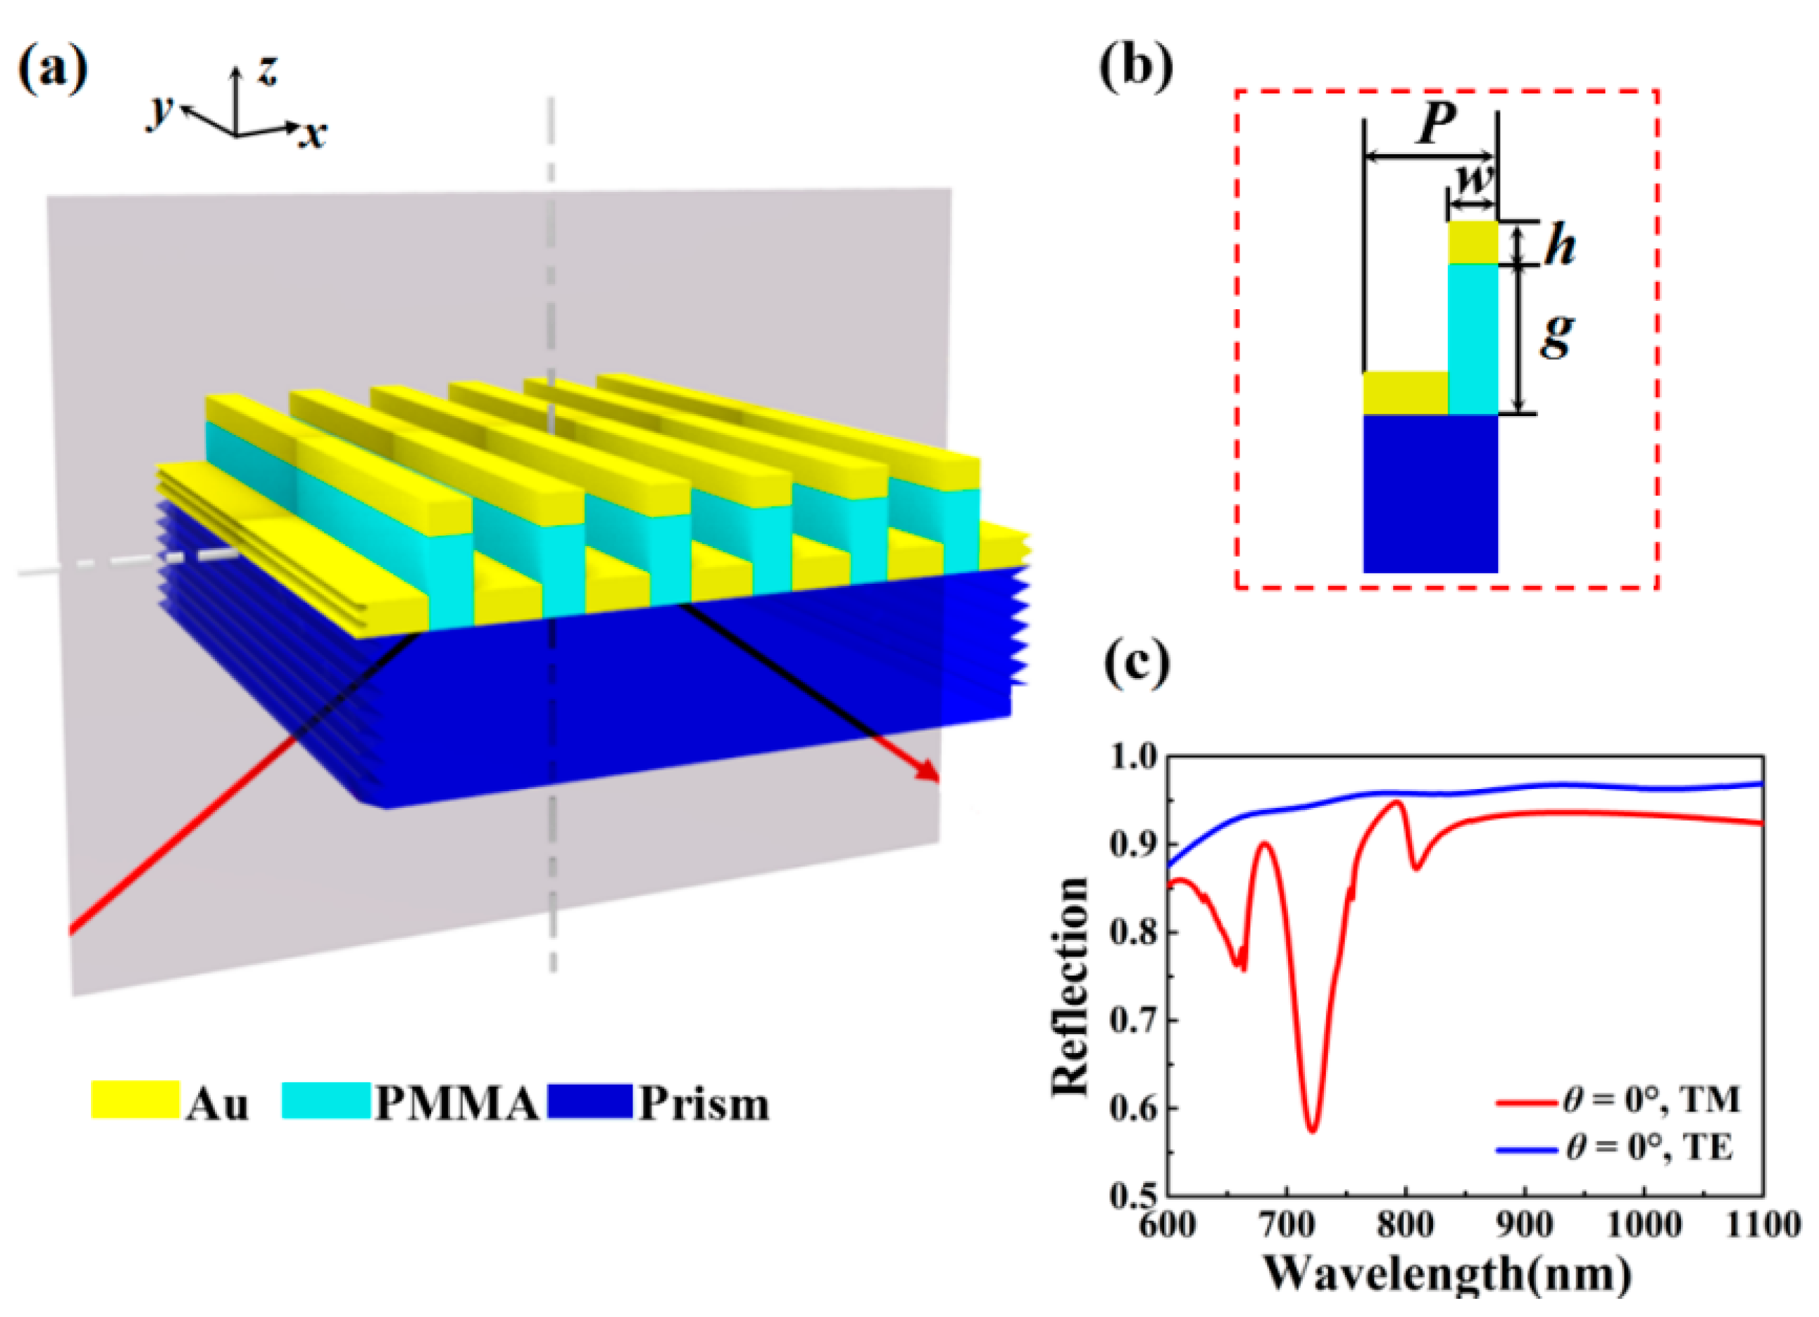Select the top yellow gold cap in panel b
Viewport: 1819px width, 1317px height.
pyautogui.click(x=1473, y=242)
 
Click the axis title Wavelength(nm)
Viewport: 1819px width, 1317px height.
pyautogui.click(x=1448, y=1273)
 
